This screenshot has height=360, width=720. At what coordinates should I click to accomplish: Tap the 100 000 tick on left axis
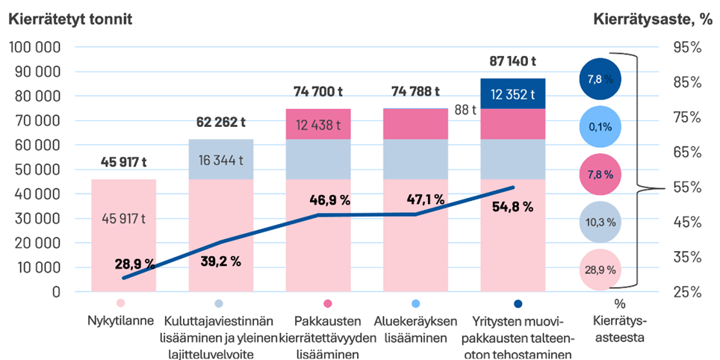click(x=37, y=47)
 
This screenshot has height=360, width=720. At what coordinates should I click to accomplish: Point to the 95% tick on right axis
click(x=686, y=47)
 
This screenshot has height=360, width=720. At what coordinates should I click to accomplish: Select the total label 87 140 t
click(x=512, y=63)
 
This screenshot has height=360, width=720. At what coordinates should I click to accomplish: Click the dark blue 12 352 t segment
click(x=512, y=94)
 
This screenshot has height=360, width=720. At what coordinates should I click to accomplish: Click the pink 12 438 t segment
click(x=318, y=125)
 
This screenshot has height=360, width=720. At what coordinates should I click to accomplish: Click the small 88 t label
click(x=466, y=110)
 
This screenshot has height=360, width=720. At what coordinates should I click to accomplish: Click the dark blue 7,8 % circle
click(x=600, y=78)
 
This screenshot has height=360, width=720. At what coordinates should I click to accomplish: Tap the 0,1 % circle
click(x=600, y=126)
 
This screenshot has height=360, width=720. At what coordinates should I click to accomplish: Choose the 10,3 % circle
click(x=600, y=222)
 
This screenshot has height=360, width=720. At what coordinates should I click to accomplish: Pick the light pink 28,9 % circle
click(x=600, y=270)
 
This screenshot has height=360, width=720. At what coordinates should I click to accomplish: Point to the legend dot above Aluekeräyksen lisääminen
click(x=416, y=304)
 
